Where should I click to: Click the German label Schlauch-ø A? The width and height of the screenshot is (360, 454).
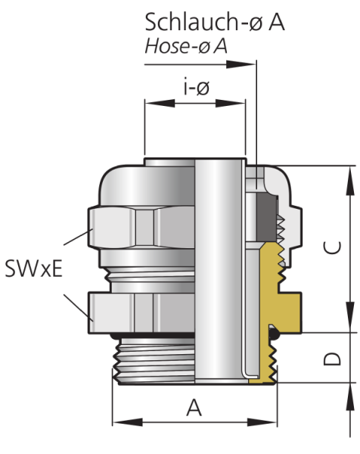(215, 22)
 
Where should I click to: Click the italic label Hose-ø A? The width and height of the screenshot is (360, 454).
(186, 46)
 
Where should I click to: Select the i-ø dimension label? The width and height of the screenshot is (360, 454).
(196, 88)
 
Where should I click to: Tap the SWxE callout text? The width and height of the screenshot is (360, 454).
(33, 269)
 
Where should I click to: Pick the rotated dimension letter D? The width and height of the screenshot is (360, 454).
(332, 359)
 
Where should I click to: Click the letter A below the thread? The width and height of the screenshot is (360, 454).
(194, 408)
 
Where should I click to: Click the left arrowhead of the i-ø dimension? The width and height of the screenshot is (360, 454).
(160, 103)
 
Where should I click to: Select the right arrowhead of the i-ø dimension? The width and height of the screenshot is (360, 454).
(231, 103)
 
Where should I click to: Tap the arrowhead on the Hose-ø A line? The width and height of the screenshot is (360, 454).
(241, 64)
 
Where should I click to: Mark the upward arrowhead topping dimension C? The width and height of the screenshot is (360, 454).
(350, 182)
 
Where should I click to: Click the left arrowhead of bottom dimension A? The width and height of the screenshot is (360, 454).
(127, 422)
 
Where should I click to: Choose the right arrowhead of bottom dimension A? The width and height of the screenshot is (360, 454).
(262, 422)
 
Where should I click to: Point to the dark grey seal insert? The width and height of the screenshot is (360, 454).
(267, 217)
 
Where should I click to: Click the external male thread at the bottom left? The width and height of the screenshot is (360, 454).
(154, 361)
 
